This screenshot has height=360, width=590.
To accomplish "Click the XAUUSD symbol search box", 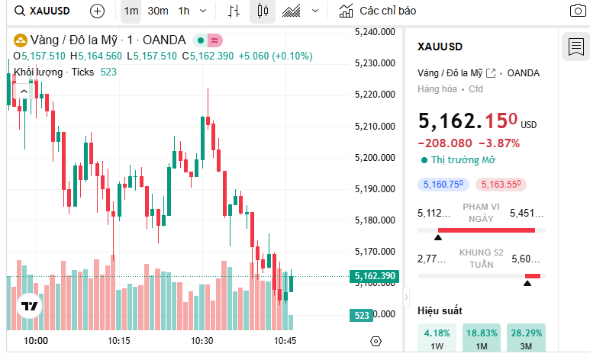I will tap(46, 11).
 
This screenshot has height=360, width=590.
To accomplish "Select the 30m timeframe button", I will tap(158, 11).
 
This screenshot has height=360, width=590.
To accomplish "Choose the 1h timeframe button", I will tap(184, 11).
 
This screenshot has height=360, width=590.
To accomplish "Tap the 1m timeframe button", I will tap(131, 11).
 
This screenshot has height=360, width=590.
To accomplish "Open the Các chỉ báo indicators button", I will tap(379, 11).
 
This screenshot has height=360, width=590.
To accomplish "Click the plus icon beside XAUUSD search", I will tap(97, 11).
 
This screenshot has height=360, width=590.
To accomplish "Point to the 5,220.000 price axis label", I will tap(375, 95).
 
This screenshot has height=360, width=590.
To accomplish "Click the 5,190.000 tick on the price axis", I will tap(375, 188).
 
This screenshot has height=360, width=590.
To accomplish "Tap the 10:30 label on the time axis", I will tap(202, 341).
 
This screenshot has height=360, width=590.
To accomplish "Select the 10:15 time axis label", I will tap(118, 341).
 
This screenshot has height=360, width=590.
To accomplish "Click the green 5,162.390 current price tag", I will tap(373, 276).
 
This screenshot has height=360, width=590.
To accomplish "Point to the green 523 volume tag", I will tap(362, 315).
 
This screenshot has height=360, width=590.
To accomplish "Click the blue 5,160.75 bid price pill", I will tap(442, 184).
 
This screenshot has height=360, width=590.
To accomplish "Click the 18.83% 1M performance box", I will tap(481, 338).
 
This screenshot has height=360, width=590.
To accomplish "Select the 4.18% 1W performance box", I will tap(437, 338).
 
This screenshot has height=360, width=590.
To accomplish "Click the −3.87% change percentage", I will tap(499, 143).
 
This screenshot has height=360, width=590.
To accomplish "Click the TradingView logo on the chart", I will tap(30, 306).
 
